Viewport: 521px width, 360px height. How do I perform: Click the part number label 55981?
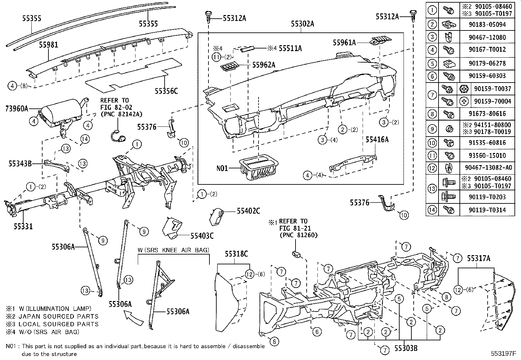coord(49,45)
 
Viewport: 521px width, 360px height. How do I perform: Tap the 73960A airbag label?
coord(17,108)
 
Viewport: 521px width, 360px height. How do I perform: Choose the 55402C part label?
coord(248,212)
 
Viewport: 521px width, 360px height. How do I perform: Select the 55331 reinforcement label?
coord(23,226)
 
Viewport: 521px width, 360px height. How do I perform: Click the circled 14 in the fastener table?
coord(432,210)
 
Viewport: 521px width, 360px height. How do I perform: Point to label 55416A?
coord(377,140)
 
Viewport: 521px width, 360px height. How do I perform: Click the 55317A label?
coord(478,258)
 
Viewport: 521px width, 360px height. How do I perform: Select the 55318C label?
coord(236,254)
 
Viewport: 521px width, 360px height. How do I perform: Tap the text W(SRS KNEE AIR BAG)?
coord(173,250)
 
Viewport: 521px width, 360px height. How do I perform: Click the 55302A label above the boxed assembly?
coord(303,24)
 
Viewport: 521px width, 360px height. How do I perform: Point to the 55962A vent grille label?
coord(263,65)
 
